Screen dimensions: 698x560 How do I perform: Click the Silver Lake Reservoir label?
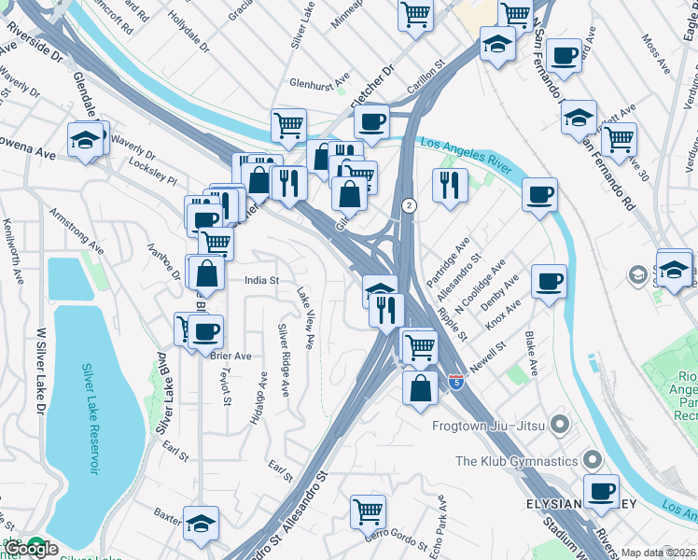click(x=91, y=418)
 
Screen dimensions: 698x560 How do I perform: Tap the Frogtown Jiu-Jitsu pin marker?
click(x=560, y=427)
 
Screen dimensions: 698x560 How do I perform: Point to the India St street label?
click(x=261, y=279)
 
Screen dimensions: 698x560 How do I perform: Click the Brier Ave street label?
click(x=231, y=356)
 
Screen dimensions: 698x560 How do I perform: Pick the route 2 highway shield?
click(x=408, y=204)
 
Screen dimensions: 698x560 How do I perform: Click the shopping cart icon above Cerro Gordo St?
click(x=369, y=511)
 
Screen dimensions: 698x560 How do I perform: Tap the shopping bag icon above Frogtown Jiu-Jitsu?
click(x=420, y=387)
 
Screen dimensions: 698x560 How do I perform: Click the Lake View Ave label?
click(x=305, y=318)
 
